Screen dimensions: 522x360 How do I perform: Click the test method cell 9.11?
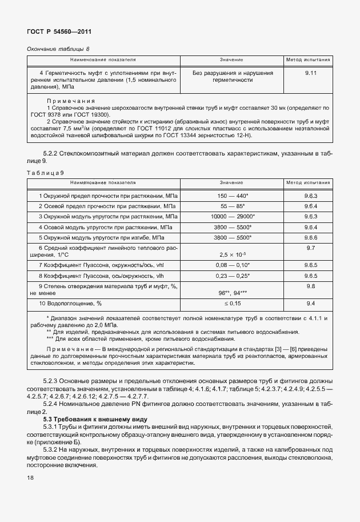point(311,74)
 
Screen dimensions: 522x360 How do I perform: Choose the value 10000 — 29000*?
point(232,216)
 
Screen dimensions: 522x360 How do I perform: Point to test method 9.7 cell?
point(311,248)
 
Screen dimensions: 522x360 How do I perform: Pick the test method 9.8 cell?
point(311,286)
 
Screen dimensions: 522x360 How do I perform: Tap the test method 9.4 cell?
point(311,303)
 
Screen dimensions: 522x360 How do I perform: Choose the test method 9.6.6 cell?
point(311,237)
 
